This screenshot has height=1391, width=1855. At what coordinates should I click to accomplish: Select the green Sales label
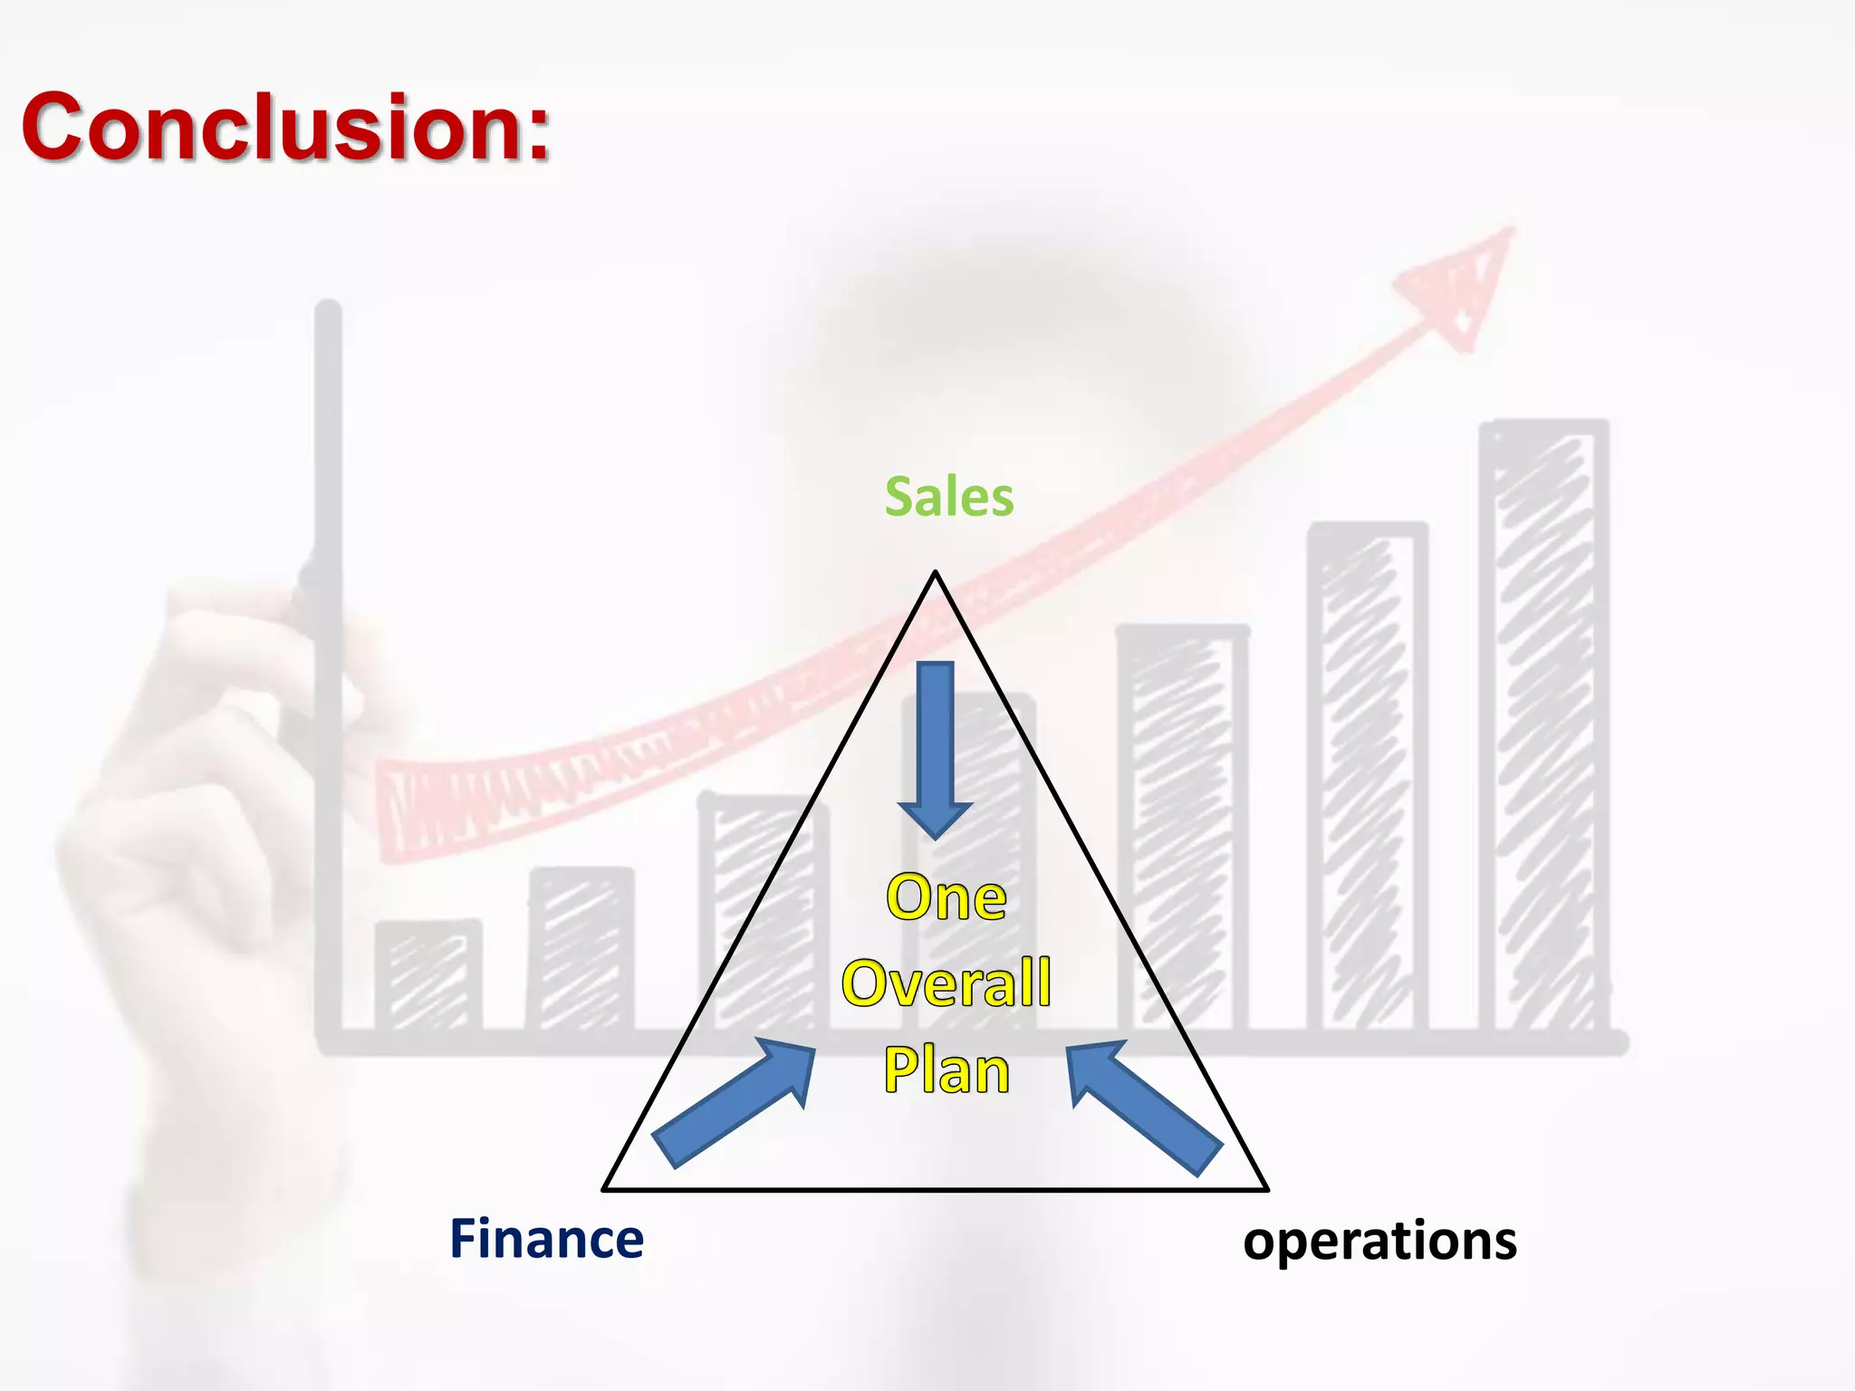[x=948, y=497]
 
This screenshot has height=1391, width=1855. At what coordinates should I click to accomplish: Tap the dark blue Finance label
[x=546, y=1239]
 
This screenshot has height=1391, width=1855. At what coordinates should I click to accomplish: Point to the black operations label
[x=1379, y=1241]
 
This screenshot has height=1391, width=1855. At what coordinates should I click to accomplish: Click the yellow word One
[x=946, y=897]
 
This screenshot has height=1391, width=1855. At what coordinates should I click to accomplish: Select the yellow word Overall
[x=946, y=983]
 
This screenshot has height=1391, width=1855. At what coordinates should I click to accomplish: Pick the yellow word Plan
[x=946, y=1070]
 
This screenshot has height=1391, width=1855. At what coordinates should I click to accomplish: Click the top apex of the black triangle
[x=936, y=572]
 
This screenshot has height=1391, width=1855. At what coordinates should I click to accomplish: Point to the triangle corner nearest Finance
[x=605, y=1188]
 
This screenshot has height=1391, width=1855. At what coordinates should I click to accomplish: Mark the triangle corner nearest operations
[x=1265, y=1188]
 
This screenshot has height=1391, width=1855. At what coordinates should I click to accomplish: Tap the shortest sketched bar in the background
[x=428, y=976]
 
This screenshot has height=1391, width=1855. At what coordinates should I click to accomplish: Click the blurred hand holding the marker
[x=199, y=815]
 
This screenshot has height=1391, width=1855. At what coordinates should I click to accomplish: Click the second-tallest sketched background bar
[x=1367, y=779]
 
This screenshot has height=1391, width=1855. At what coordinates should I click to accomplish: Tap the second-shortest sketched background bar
[x=581, y=949]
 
